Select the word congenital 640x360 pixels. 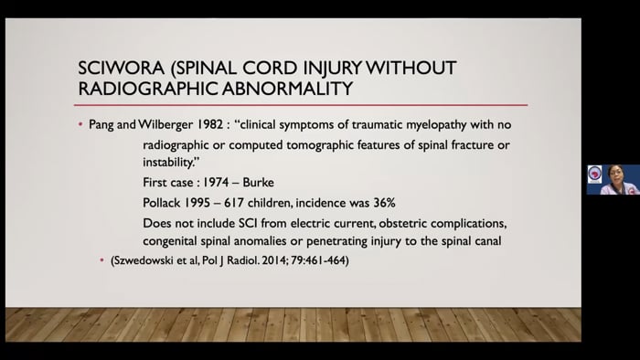click(173, 241)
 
